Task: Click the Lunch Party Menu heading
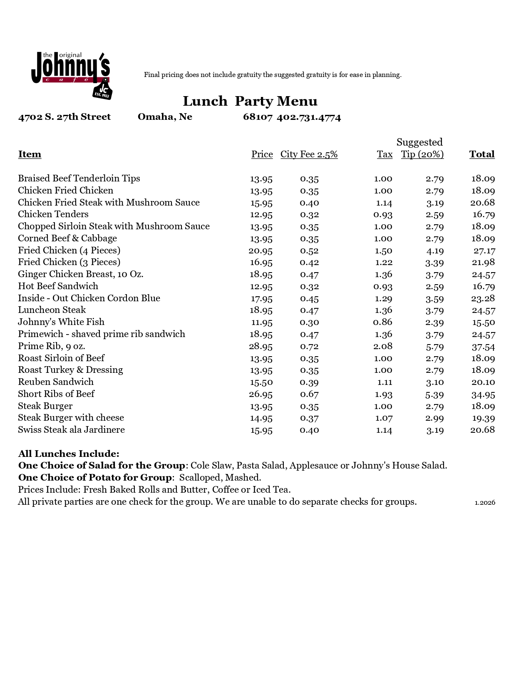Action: pyautogui.click(x=250, y=101)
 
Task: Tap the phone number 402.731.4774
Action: pyautogui.click(x=308, y=117)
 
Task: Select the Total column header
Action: pyautogui.click(x=481, y=154)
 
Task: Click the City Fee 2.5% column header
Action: pyautogui.click(x=309, y=154)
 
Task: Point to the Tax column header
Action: pyautogui.click(x=385, y=154)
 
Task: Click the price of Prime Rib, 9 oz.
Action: pyautogui.click(x=261, y=346)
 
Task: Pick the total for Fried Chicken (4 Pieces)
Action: pyautogui.click(x=484, y=250)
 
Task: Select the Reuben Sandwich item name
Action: pyautogui.click(x=56, y=382)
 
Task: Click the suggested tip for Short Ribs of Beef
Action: pyautogui.click(x=434, y=394)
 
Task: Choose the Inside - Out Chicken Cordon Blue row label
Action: pyautogui.click(x=89, y=298)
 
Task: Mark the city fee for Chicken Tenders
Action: pyautogui.click(x=309, y=215)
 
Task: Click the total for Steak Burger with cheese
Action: pyautogui.click(x=483, y=418)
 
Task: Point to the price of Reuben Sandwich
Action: pyautogui.click(x=261, y=382)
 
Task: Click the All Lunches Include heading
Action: pyautogui.click(x=69, y=454)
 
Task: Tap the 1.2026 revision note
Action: pyautogui.click(x=485, y=503)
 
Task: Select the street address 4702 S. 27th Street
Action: pyautogui.click(x=65, y=117)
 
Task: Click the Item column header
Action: pyautogui.click(x=30, y=154)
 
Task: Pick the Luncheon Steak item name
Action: pyautogui.click(x=52, y=310)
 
